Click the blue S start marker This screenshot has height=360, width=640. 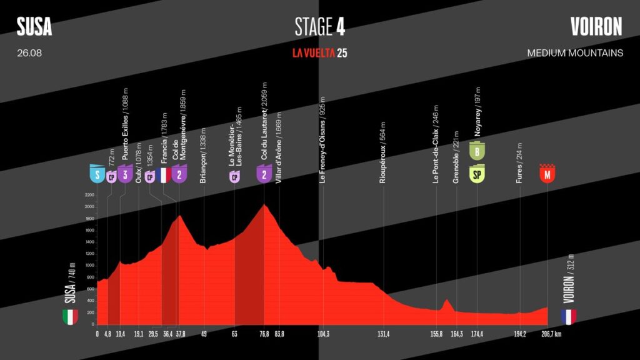97,174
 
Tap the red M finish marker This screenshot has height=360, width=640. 547,174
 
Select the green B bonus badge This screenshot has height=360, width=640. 477,151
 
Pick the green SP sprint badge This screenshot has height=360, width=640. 477,174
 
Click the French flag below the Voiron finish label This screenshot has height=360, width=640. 568,317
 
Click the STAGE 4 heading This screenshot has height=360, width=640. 319,27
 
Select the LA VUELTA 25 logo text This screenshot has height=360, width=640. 319,53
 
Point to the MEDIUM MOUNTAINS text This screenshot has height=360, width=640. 575,53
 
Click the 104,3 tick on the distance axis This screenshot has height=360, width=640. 323,334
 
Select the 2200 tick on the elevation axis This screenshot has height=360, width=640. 88,194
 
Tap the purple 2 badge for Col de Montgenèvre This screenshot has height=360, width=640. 179,174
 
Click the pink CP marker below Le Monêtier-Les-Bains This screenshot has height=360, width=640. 234,177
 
